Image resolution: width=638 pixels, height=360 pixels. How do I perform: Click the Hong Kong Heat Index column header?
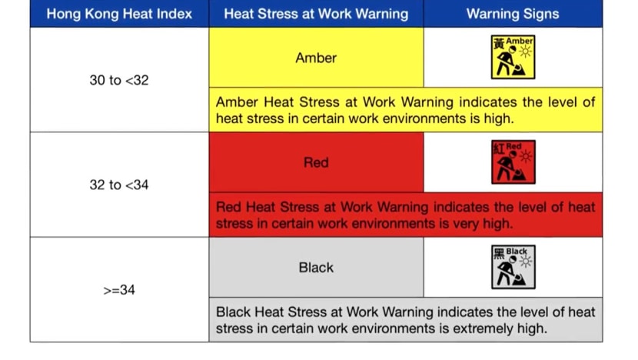[119, 14]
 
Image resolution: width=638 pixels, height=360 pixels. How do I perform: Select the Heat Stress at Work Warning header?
[316, 14]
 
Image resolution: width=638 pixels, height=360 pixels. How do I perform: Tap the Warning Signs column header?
[513, 14]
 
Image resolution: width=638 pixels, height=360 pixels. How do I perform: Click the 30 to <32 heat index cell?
[119, 80]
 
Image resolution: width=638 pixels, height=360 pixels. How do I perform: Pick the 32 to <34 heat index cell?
[119, 185]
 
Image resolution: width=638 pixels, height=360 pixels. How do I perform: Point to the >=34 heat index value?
[119, 290]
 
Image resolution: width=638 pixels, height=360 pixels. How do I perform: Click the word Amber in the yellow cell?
[316, 58]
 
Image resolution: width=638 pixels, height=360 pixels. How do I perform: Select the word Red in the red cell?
[316, 162]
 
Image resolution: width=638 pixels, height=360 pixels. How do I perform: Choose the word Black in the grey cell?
[316, 268]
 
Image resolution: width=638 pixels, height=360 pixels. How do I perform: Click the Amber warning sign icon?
[513, 57]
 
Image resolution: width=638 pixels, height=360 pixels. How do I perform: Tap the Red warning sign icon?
[513, 162]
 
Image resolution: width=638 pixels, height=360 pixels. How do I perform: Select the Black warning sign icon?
[513, 267]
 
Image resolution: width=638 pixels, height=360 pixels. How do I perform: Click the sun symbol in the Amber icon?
[526, 52]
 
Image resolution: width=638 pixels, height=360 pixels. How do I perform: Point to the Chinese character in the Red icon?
[498, 148]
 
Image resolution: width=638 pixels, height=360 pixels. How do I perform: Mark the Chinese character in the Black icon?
[499, 253]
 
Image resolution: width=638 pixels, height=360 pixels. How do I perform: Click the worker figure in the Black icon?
[508, 272]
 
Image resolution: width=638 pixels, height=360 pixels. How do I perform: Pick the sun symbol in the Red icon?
[526, 157]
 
